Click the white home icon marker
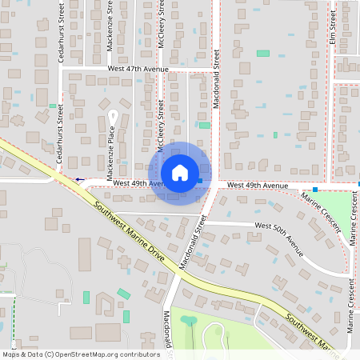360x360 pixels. (x=179, y=173)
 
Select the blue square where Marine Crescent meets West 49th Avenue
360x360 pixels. (x=316, y=190)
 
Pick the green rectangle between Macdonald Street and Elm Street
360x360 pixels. (x=262, y=54)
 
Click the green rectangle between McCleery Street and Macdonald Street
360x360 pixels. (x=205, y=126)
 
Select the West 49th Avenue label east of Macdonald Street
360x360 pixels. (x=257, y=186)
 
